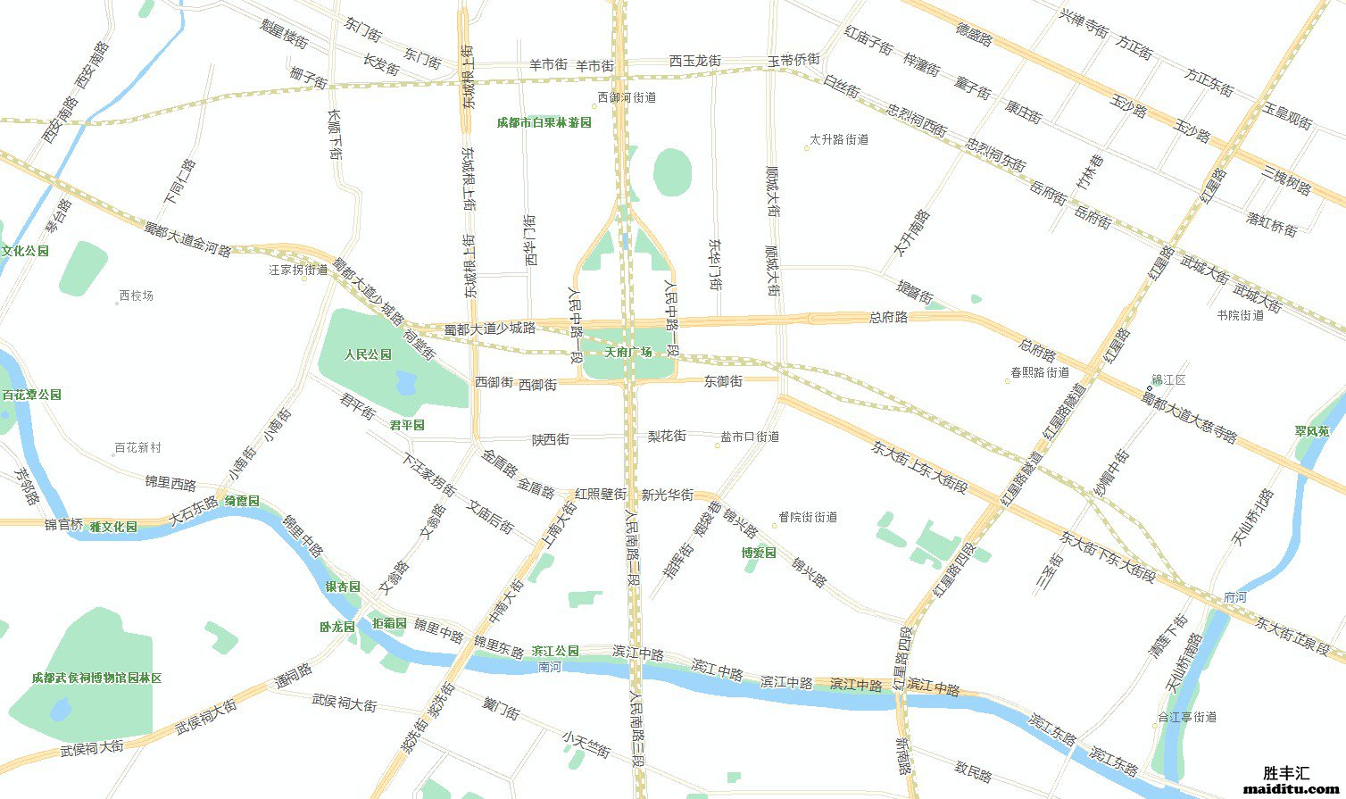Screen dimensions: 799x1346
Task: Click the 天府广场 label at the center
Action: tap(627, 352)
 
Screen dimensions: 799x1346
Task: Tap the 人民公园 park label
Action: tap(368, 354)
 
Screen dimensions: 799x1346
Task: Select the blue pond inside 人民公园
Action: tap(406, 383)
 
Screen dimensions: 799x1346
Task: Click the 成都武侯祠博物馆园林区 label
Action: tap(96, 678)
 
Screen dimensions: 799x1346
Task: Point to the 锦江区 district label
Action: tap(1169, 380)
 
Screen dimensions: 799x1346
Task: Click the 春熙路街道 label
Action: tap(1040, 372)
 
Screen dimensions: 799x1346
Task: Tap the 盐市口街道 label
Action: tap(750, 437)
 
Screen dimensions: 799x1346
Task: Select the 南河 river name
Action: tap(551, 667)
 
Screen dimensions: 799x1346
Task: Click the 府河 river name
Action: tap(1235, 596)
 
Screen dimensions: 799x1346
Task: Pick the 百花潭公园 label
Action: tap(31, 395)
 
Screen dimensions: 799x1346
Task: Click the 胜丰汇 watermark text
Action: tap(1286, 773)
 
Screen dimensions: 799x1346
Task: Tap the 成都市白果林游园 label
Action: tap(544, 122)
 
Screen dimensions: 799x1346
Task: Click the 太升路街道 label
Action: tap(839, 139)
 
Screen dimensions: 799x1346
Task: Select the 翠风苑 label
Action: tap(1312, 431)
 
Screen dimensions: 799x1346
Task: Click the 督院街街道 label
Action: tap(808, 517)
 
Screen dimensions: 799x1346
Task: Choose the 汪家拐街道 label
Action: tap(298, 270)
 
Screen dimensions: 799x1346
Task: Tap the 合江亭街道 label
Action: tap(1187, 717)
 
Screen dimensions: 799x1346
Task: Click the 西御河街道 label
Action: tap(627, 97)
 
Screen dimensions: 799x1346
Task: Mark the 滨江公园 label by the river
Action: tap(555, 651)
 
